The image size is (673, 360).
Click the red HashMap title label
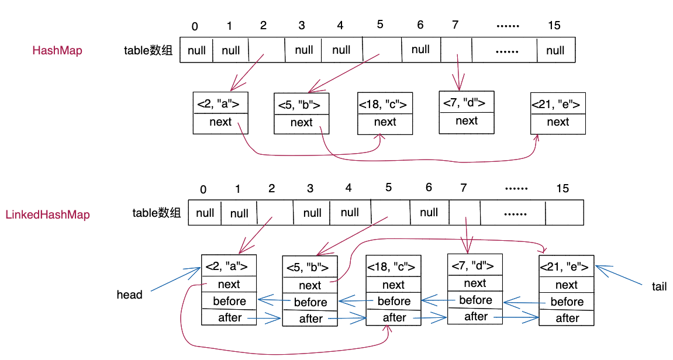(57, 50)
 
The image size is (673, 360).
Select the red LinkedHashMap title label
(47, 214)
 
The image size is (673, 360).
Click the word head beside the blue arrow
(129, 295)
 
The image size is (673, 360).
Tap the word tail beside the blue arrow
(659, 286)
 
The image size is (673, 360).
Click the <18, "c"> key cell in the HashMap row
(385, 105)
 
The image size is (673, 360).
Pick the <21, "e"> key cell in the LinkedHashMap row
(566, 267)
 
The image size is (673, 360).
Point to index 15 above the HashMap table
(554, 25)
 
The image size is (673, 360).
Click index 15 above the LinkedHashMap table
(562, 188)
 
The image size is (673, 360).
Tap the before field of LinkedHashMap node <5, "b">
(310, 302)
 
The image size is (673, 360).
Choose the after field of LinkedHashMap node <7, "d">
(475, 316)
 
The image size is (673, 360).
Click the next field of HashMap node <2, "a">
(220, 122)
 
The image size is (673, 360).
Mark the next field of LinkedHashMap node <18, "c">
(394, 285)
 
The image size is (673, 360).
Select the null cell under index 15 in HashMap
(555, 50)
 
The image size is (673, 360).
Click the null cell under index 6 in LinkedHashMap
(429, 212)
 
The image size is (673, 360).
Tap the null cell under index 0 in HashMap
(196, 50)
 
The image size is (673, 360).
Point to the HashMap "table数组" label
(148, 50)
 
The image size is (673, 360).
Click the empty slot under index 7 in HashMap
(456, 50)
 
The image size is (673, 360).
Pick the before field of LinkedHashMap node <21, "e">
(567, 302)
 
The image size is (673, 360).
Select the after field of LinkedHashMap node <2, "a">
(229, 317)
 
